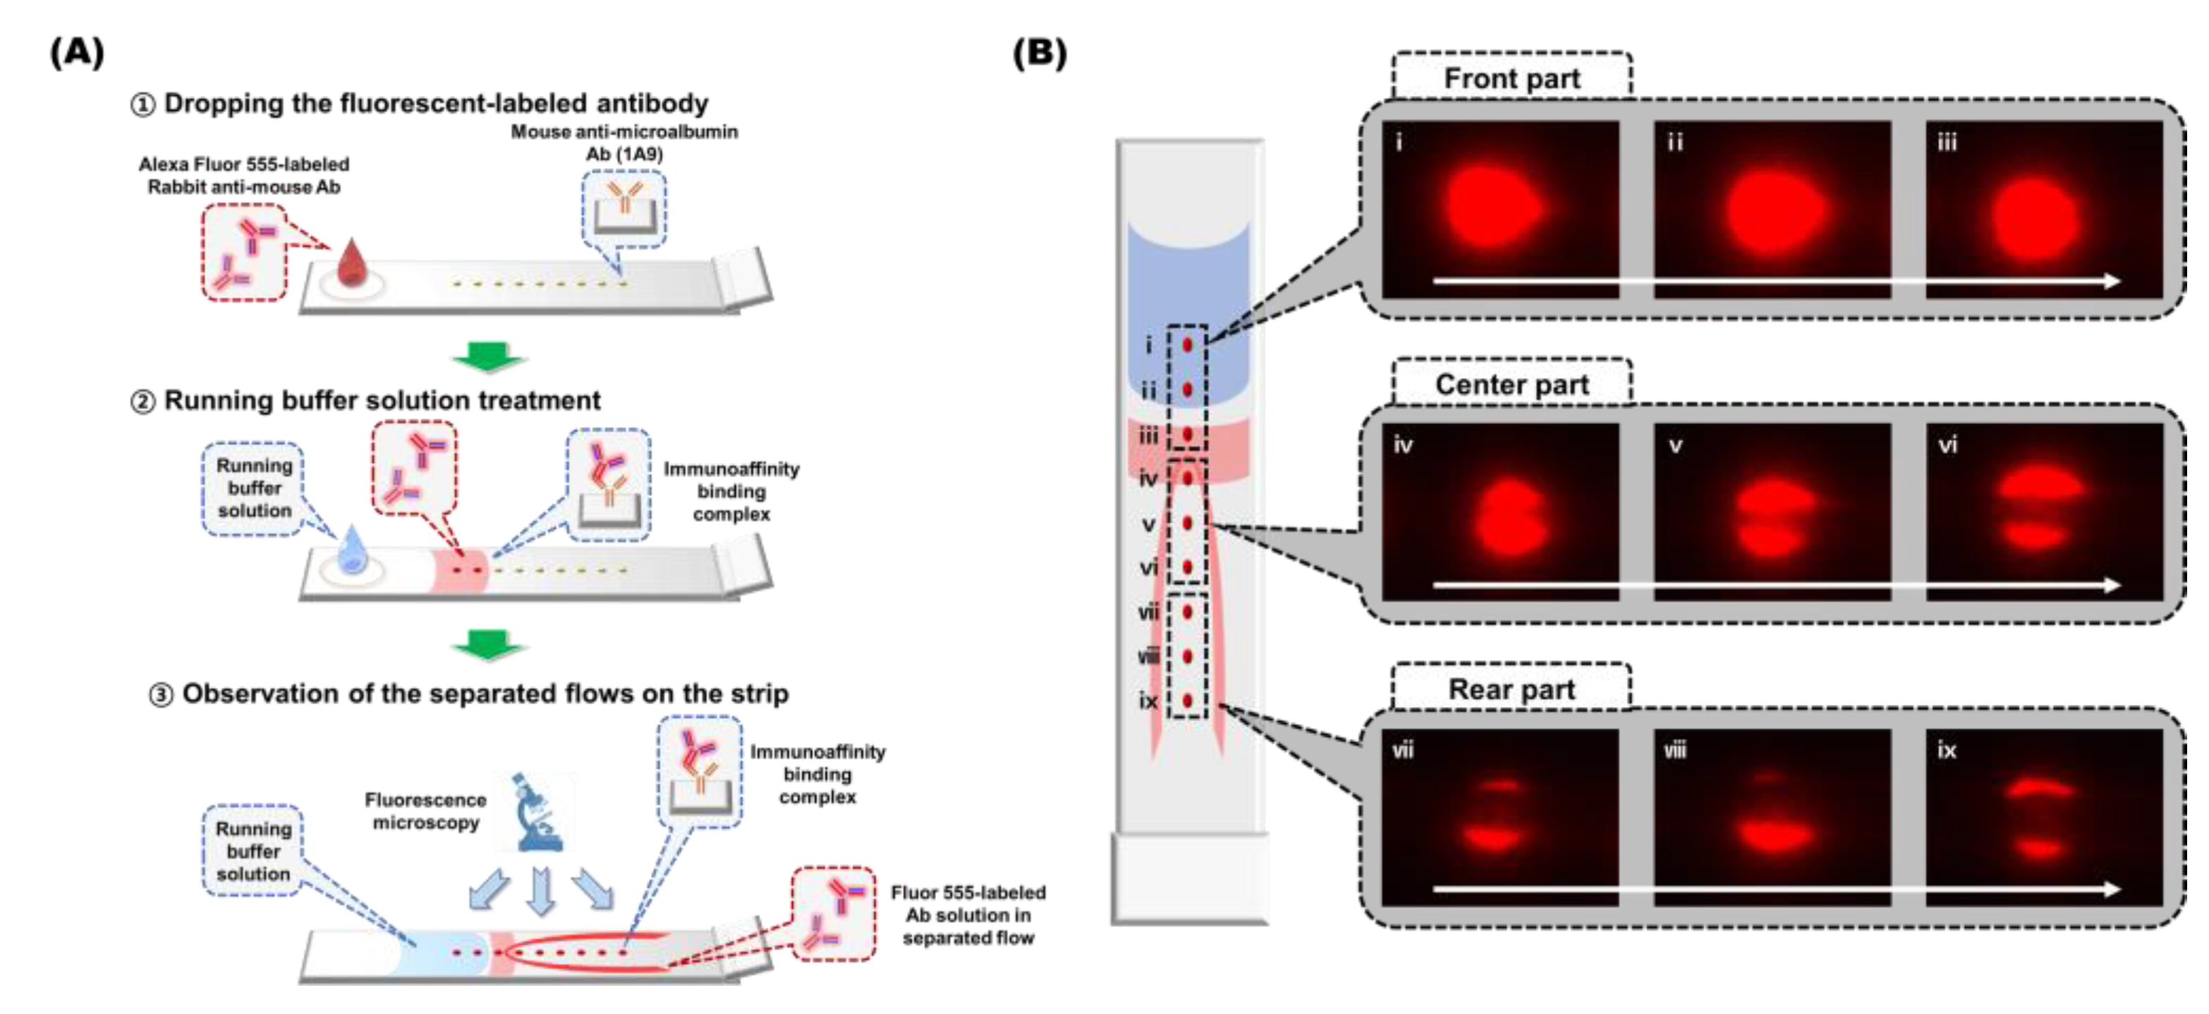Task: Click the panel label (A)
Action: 77,53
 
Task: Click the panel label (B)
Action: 1040,53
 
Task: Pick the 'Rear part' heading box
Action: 1511,689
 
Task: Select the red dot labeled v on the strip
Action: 1188,522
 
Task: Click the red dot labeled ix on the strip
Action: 1188,701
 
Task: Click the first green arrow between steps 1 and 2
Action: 489,356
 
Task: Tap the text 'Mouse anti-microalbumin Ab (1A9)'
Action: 624,143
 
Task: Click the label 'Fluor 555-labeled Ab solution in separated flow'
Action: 967,915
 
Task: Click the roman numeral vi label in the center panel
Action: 1947,445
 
